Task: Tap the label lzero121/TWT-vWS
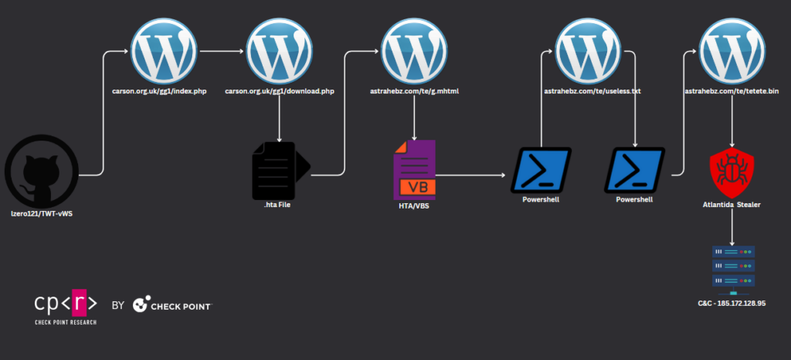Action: (42, 211)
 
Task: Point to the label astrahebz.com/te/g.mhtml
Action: (416, 91)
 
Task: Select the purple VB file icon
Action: (415, 168)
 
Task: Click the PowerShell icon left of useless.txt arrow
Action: (541, 170)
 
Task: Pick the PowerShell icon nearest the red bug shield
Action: (634, 170)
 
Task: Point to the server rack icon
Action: (732, 269)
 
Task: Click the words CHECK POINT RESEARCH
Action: (66, 321)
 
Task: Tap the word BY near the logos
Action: (118, 306)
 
